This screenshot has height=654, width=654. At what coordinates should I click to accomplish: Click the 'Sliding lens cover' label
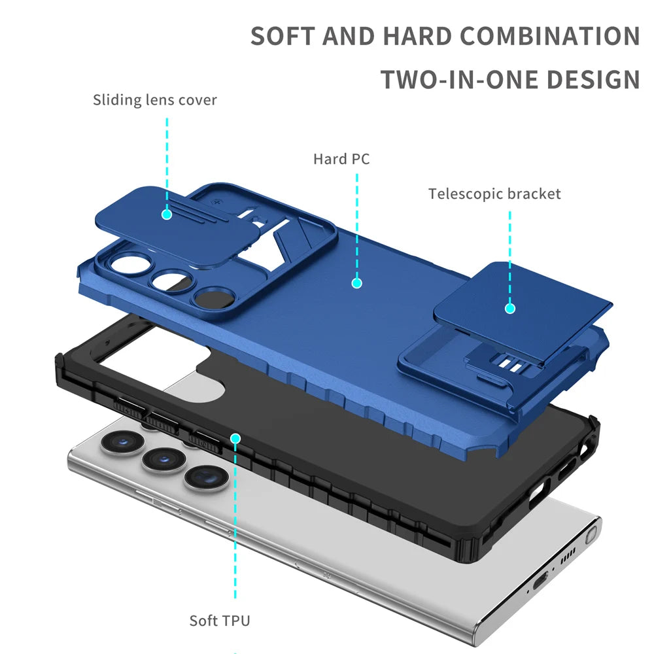pyautogui.click(x=154, y=100)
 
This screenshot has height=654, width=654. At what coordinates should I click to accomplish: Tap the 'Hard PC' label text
pyautogui.click(x=341, y=159)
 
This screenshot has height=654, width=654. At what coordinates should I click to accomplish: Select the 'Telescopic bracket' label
pyautogui.click(x=494, y=194)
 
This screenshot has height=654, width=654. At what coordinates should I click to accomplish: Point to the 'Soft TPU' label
pyautogui.click(x=220, y=620)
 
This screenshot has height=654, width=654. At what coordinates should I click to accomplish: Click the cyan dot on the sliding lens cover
pyautogui.click(x=167, y=213)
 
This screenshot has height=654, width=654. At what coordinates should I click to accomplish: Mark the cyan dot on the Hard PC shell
pyautogui.click(x=356, y=283)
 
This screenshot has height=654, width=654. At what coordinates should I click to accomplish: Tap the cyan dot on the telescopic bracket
pyautogui.click(x=510, y=308)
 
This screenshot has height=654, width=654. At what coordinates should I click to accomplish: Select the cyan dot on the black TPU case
pyautogui.click(x=235, y=438)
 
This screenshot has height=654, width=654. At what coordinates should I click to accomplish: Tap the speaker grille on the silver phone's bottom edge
pyautogui.click(x=567, y=556)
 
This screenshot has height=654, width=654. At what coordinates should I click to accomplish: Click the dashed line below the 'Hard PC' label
pyautogui.click(x=356, y=222)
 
